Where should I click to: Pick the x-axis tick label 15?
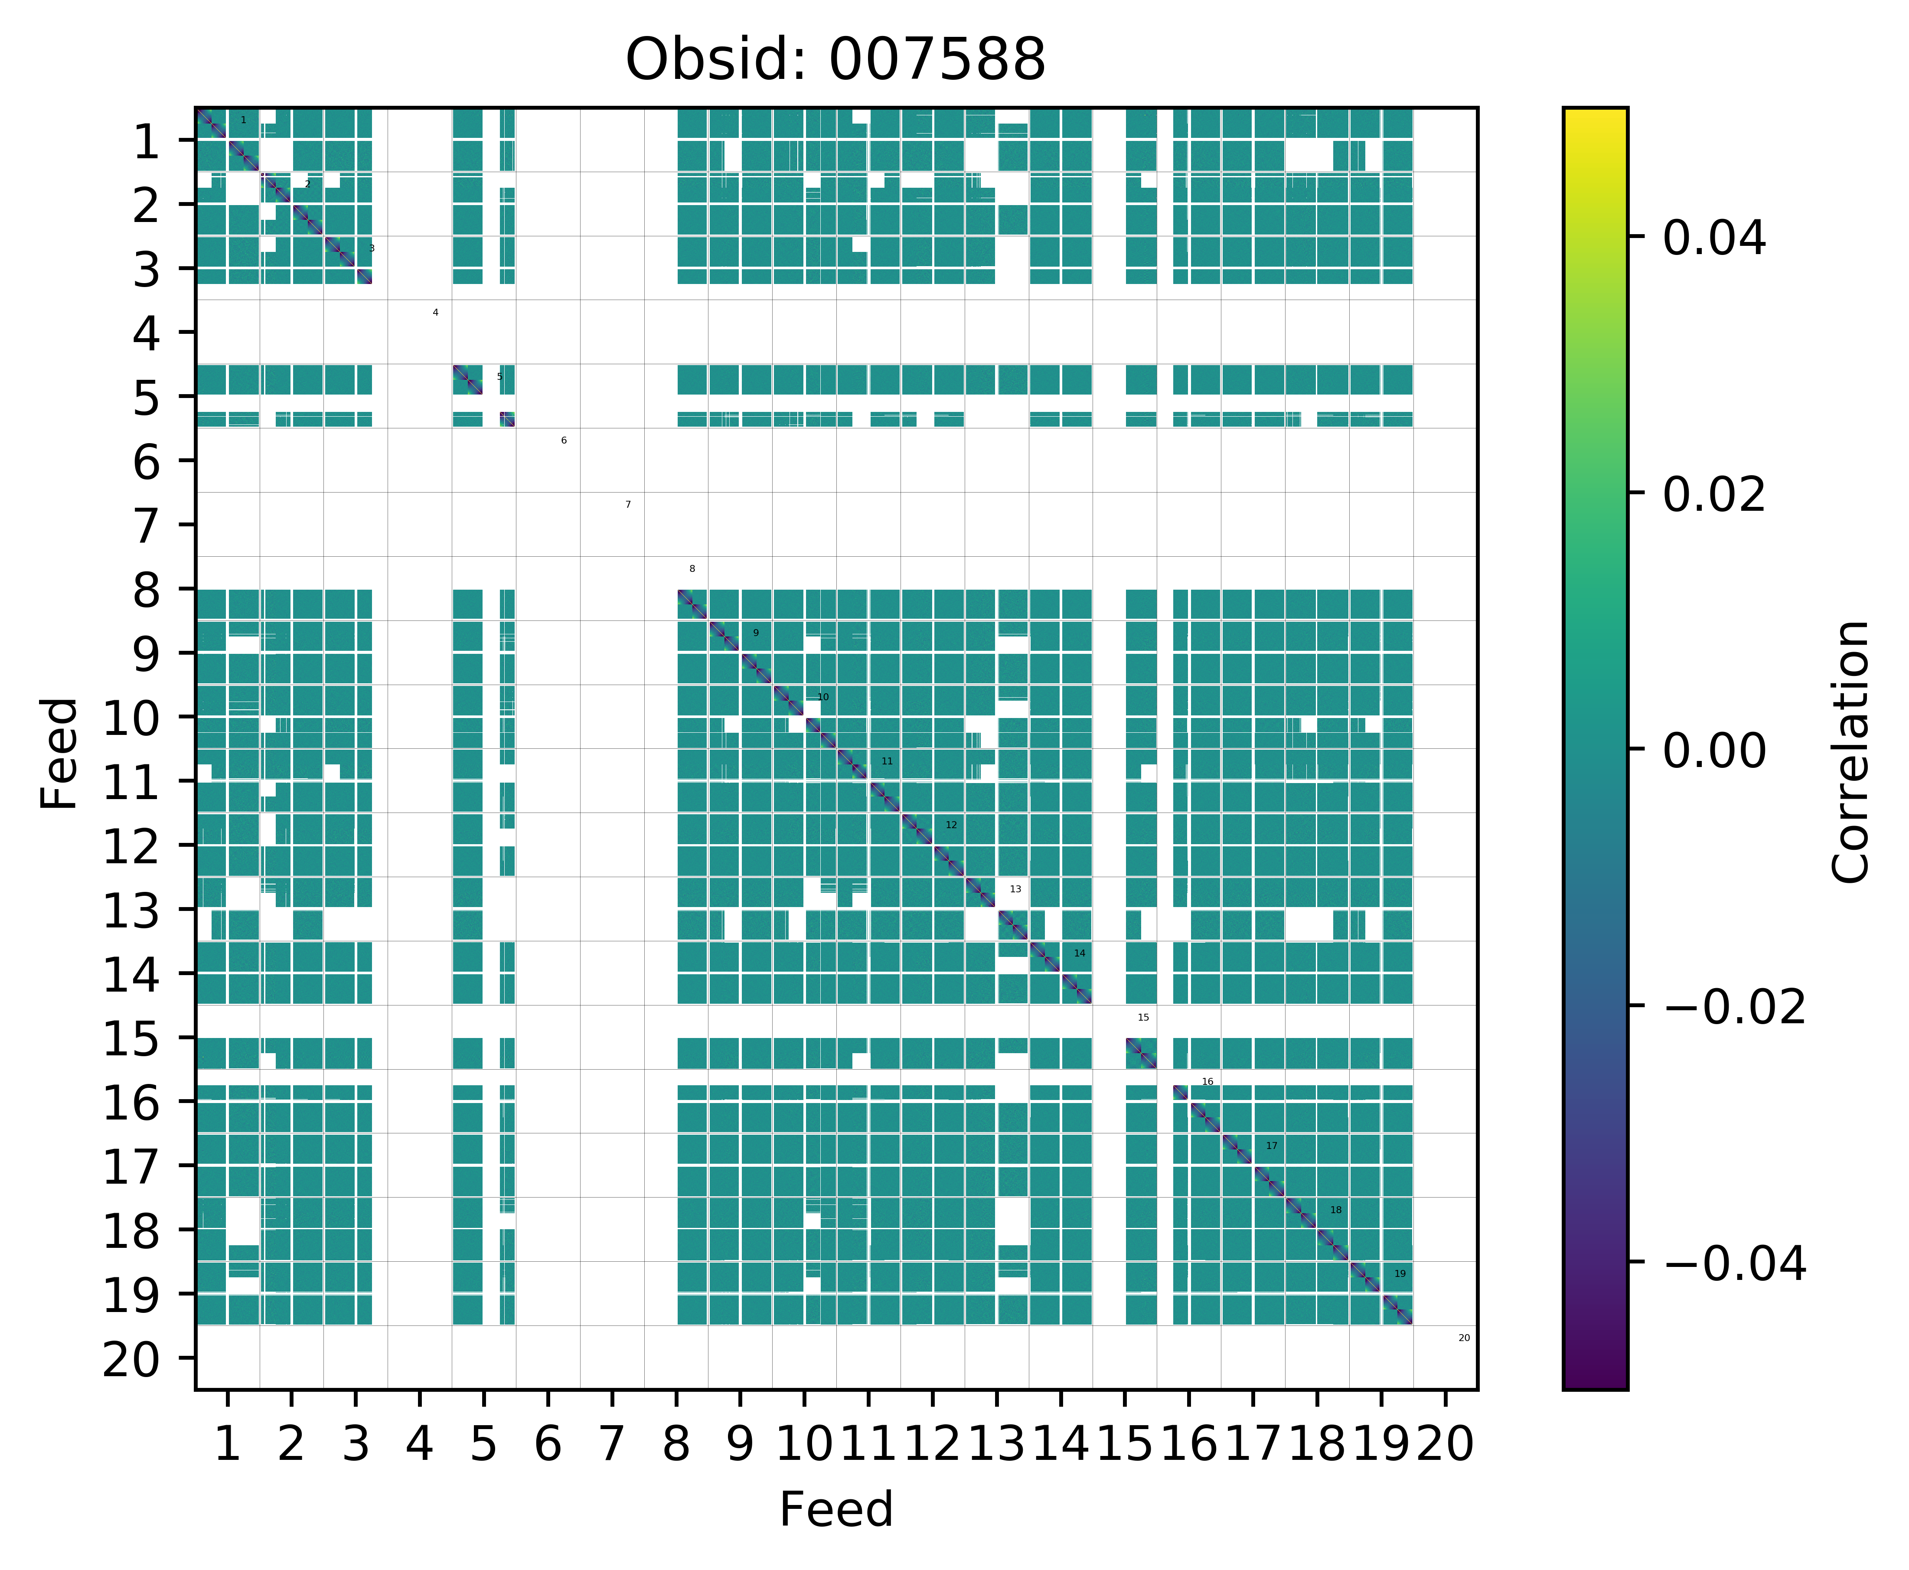point(1124,1444)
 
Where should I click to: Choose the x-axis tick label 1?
point(227,1444)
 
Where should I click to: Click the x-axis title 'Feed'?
point(835,1509)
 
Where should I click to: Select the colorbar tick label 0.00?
point(1713,751)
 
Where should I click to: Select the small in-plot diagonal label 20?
point(1464,1338)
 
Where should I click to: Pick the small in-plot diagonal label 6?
point(563,441)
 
